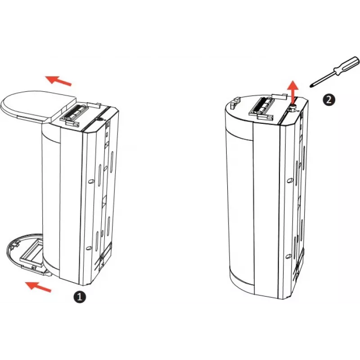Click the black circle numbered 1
[80, 297]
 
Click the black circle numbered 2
[329, 100]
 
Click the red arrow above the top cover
[58, 81]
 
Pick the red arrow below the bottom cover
[38, 287]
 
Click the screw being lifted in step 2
[293, 106]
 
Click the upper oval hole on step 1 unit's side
[91, 181]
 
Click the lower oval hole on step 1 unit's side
[89, 248]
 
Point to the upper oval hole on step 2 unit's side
[290, 180]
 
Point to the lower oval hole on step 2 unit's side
[289, 256]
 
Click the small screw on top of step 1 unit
[99, 119]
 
